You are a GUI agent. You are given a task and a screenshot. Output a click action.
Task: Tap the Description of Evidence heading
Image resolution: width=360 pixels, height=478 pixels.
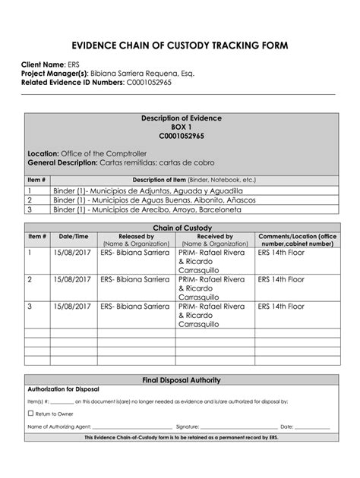click(180, 119)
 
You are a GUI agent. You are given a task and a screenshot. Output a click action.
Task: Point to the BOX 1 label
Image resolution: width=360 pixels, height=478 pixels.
click(180, 127)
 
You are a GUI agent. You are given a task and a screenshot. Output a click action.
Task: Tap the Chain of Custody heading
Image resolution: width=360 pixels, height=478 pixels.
click(180, 228)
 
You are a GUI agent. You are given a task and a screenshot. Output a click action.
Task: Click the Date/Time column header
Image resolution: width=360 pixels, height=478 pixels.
click(74, 236)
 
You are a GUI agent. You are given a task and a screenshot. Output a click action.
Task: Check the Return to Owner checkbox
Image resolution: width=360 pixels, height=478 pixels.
click(30, 414)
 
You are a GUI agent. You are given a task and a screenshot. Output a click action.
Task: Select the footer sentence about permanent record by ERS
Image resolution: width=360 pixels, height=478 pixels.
click(180, 438)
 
